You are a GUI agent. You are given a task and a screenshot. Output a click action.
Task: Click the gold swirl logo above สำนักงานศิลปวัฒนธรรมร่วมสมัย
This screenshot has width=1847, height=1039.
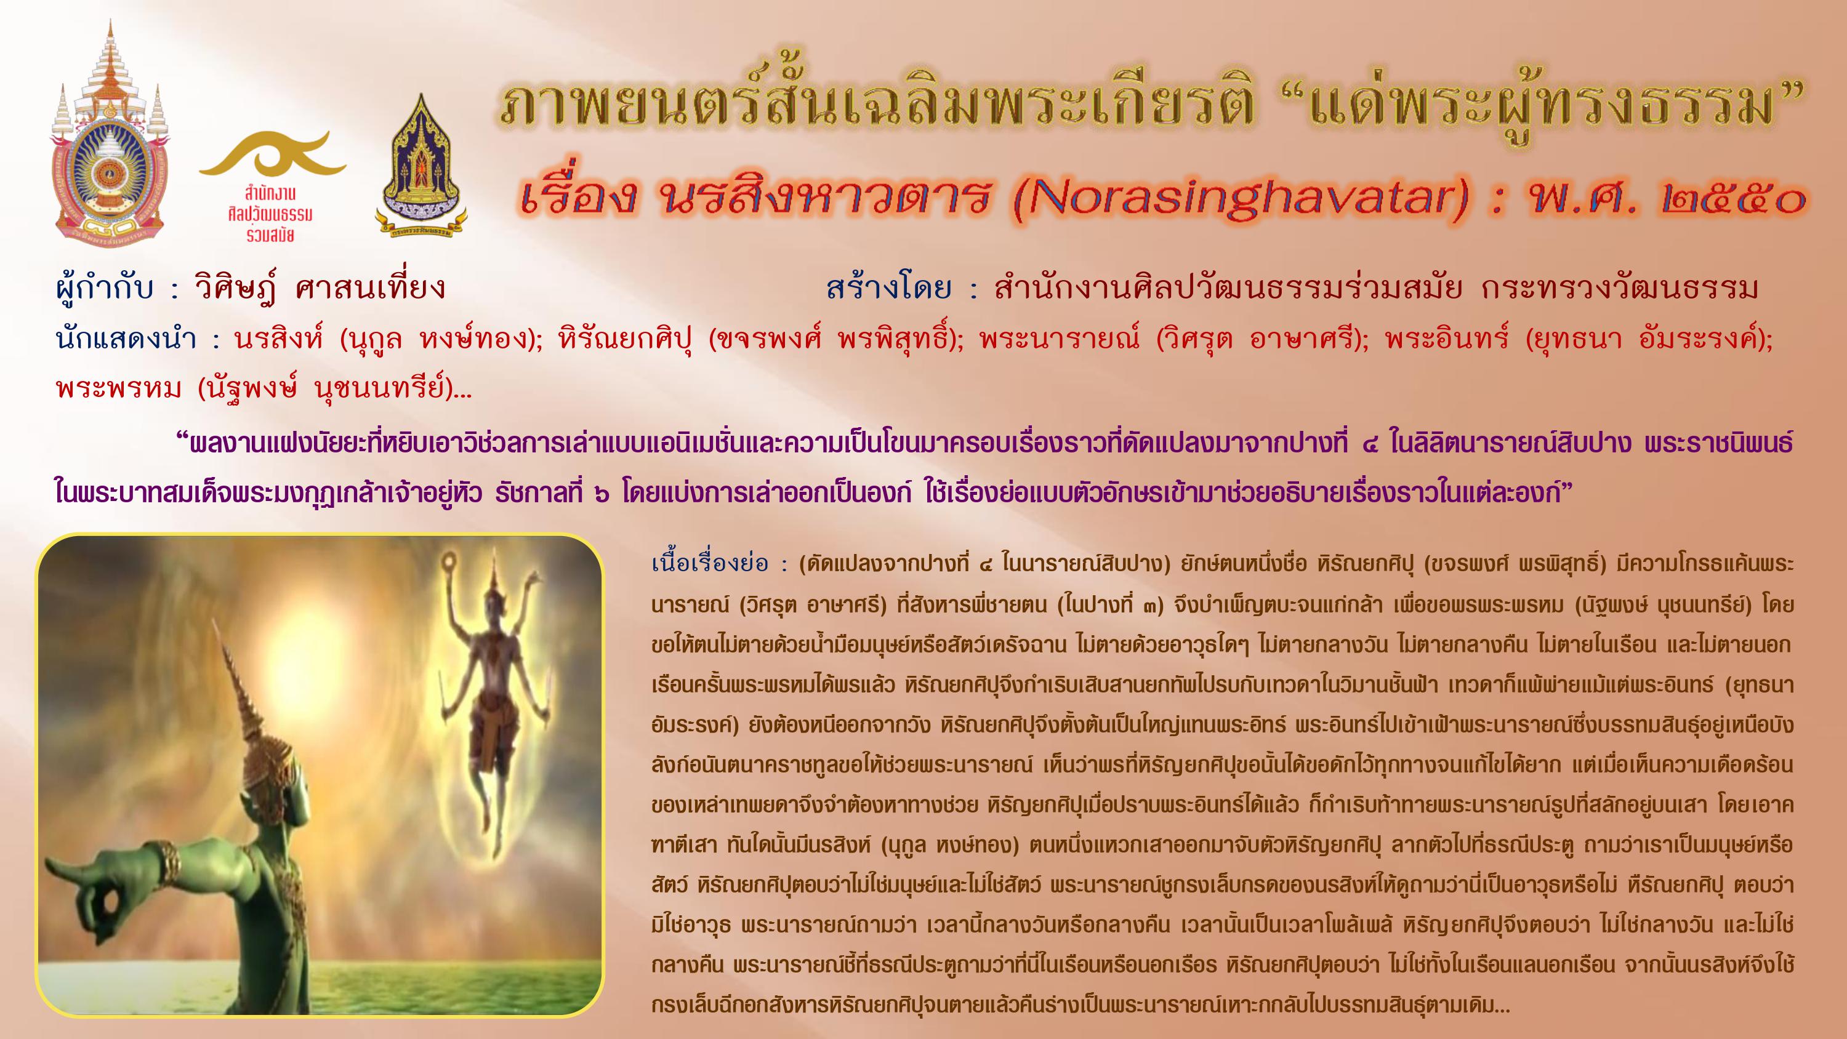pos(273,154)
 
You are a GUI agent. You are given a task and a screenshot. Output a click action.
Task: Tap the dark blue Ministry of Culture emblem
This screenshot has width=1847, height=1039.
pos(421,167)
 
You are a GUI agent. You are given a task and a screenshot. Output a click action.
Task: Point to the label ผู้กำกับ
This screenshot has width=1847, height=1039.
pos(105,289)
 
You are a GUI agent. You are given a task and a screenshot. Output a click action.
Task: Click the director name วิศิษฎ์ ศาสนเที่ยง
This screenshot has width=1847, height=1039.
pos(320,289)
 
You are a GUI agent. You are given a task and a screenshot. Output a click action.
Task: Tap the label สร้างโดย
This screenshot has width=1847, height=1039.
pos(888,289)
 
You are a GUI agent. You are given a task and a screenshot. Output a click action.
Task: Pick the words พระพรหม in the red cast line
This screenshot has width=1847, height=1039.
pos(118,388)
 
